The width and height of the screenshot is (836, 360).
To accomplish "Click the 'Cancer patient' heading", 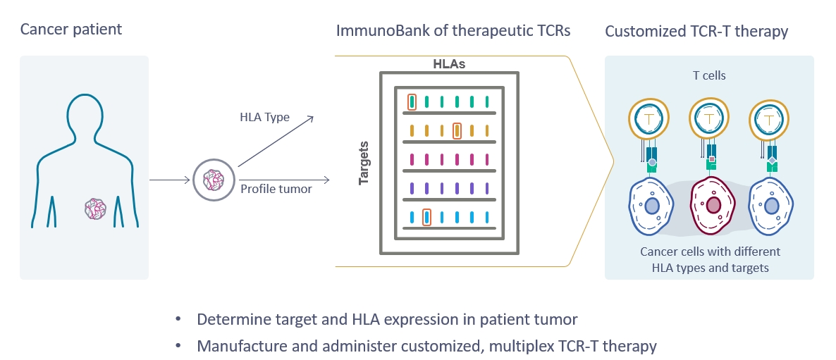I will point(70,30).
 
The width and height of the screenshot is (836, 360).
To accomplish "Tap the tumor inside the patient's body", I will point(96,208).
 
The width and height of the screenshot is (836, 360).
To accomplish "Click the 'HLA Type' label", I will point(264,117).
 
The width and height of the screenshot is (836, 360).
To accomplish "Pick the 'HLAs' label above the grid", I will point(448,64).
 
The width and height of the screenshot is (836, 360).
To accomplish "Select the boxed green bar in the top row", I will point(412,101).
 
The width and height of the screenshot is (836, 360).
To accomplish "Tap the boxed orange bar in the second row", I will point(457,130).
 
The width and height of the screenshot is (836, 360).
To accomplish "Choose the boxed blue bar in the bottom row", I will point(426,217).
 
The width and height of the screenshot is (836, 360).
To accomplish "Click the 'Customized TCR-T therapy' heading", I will point(696,32).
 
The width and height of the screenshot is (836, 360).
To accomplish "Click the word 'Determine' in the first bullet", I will point(234,319).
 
